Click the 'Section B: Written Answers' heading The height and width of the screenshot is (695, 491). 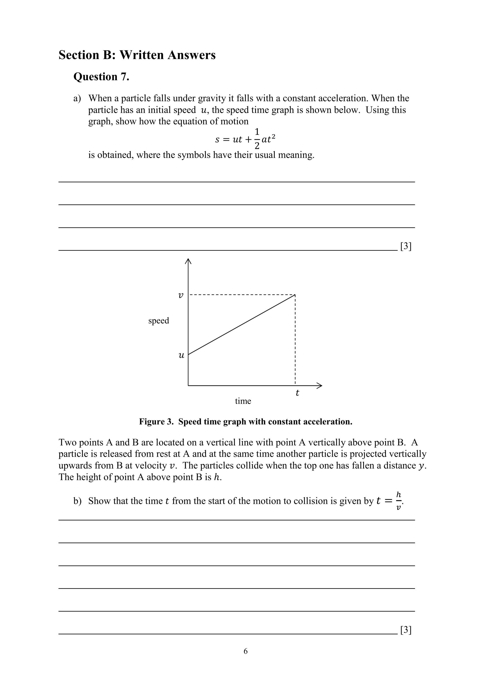click(137, 55)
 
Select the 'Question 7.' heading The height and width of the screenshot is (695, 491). click(101, 77)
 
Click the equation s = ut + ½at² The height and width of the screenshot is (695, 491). click(245, 139)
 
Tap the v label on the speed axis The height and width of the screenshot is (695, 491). click(181, 295)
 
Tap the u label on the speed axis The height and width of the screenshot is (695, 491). click(181, 355)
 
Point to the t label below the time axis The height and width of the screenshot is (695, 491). click(297, 393)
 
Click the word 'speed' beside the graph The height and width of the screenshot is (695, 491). click(158, 321)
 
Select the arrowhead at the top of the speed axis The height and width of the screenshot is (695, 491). click(188, 261)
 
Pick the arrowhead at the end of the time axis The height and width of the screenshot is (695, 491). click(319, 385)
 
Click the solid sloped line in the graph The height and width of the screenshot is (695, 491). click(242, 324)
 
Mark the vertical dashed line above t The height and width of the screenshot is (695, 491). click(295, 339)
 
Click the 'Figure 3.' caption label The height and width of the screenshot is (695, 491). click(156, 422)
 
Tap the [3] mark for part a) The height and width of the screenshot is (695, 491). click(406, 247)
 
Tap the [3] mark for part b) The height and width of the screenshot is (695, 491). click(406, 630)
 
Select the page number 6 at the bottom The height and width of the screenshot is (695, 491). click(245, 651)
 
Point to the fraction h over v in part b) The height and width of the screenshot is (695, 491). click(398, 501)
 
